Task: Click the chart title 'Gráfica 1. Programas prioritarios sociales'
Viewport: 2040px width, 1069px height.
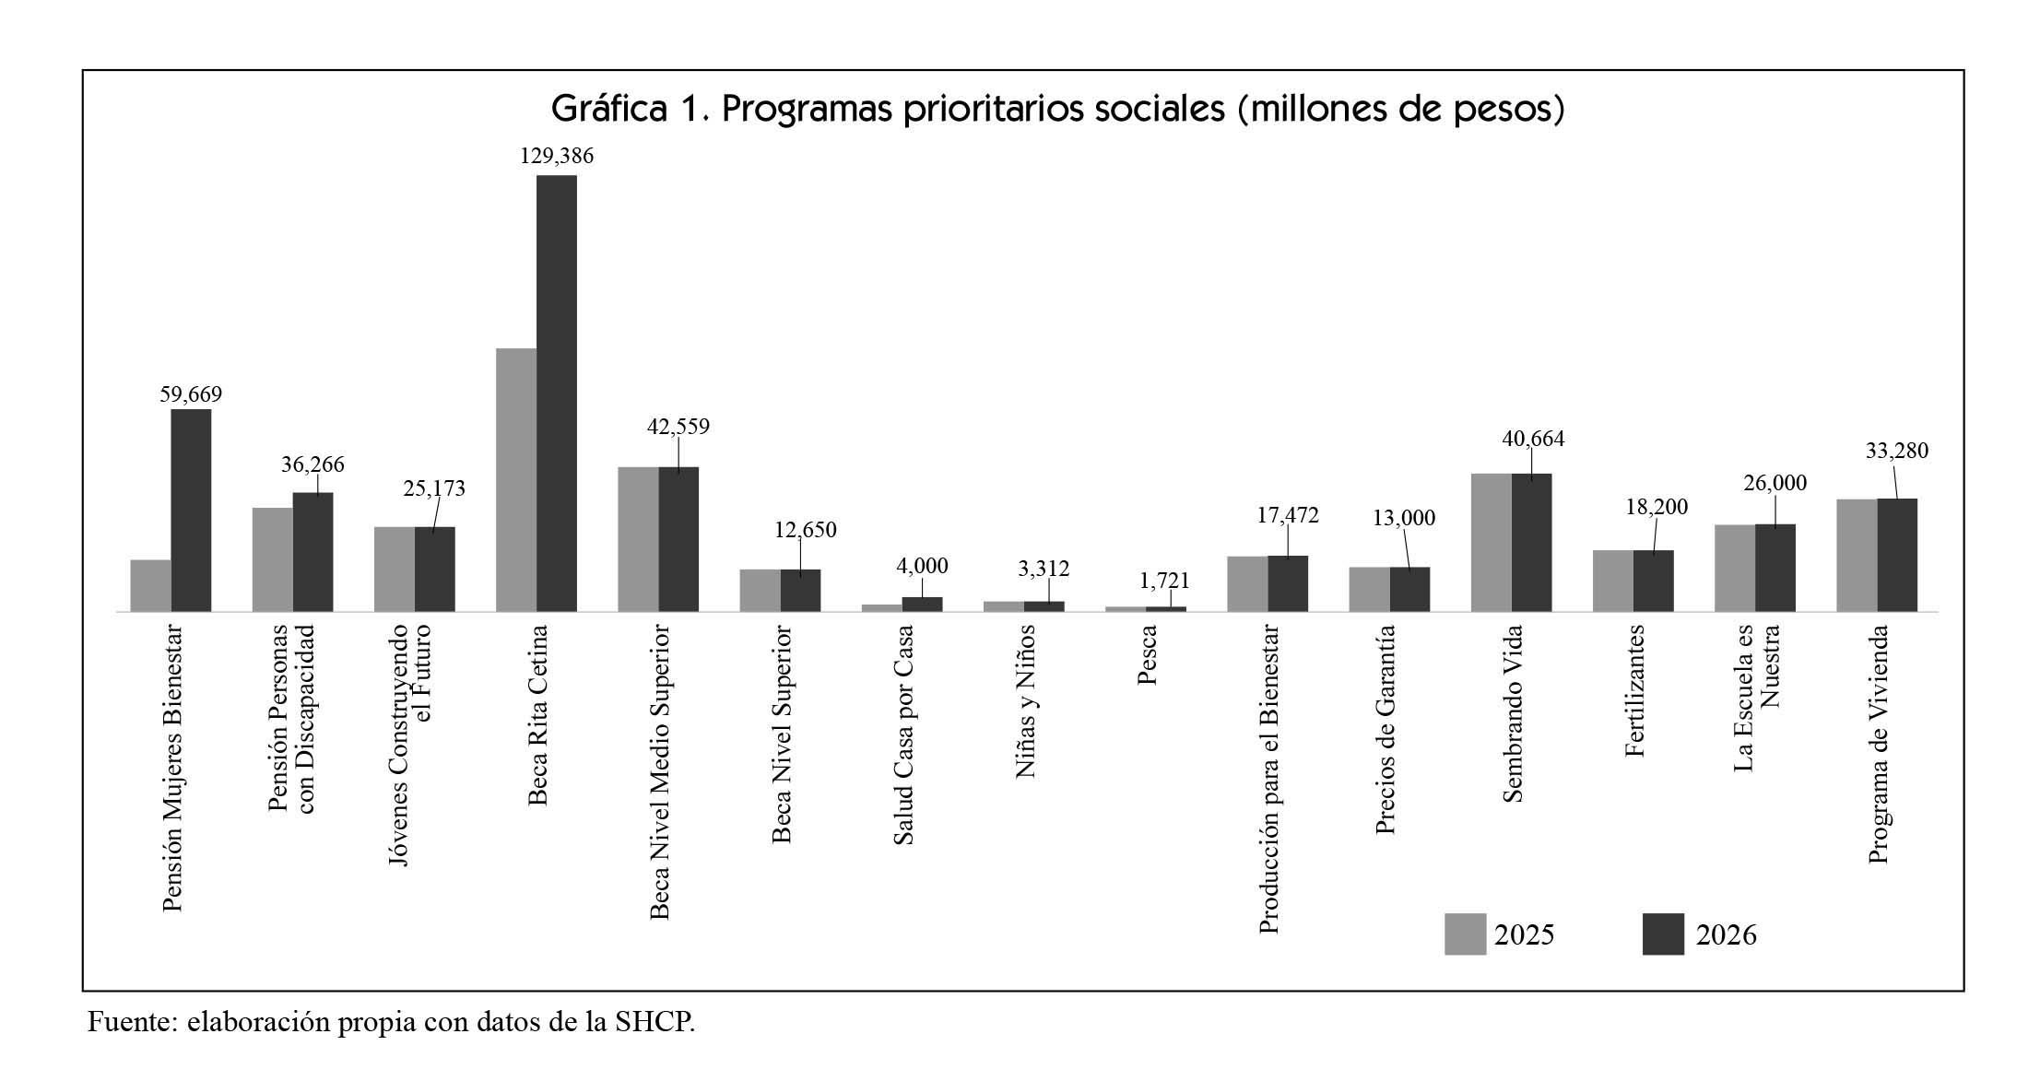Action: pos(1057,110)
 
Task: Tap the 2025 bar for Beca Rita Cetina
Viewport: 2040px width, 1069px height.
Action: pos(516,479)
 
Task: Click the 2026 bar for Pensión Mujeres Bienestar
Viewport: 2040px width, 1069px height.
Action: pos(191,510)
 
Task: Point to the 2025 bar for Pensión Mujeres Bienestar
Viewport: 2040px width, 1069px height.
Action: pos(150,585)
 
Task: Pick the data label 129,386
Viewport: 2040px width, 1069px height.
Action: pos(557,157)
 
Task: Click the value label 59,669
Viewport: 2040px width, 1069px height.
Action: pos(191,394)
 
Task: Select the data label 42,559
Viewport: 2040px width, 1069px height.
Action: pos(678,427)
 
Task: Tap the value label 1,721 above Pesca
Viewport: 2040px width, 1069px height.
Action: pos(1164,581)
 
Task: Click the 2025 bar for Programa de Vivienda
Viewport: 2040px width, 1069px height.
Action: pos(1857,555)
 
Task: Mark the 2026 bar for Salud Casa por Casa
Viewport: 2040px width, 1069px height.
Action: pos(922,604)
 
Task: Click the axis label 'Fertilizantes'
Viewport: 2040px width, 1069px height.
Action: pos(1634,691)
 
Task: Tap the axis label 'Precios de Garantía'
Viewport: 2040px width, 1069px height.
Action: pos(1385,730)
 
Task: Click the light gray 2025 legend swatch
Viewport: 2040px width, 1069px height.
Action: pos(1464,934)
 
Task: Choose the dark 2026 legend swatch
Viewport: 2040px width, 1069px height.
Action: pos(1663,934)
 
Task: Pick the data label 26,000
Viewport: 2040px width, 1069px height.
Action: pos(1775,483)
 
